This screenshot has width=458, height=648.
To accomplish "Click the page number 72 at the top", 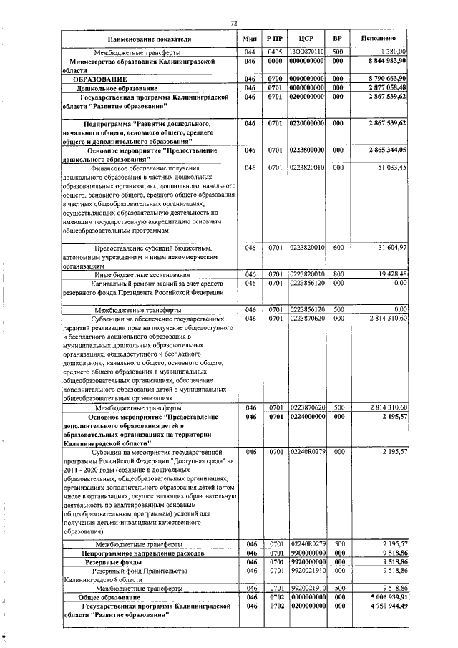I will tap(234, 23).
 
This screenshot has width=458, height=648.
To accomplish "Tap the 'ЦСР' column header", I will tap(306, 37).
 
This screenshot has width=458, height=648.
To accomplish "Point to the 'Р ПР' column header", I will tap(275, 37).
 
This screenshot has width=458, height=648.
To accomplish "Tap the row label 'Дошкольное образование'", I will tap(112, 87).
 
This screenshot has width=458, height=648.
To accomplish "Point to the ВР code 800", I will tap(338, 274).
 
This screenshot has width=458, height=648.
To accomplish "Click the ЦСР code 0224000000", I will tap(307, 415).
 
